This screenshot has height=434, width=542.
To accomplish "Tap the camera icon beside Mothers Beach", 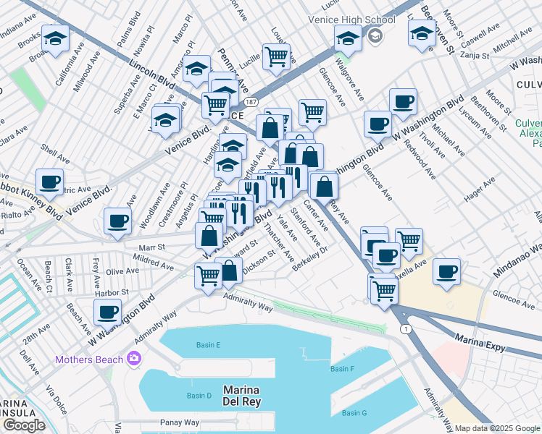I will [133, 358].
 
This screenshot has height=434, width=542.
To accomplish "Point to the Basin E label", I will [208, 345].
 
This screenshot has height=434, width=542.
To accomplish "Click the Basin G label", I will [354, 413].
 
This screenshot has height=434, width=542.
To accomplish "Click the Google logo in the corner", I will [23, 425].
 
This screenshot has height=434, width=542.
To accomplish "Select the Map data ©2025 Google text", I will [497, 428].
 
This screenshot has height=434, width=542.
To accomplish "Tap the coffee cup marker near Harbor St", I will [107, 312].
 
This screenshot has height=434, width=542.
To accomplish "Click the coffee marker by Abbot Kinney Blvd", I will [49, 182].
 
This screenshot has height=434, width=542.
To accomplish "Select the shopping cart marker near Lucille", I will [276, 56].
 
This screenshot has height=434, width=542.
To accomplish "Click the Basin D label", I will [199, 396].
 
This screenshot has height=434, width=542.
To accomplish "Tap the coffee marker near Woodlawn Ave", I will [117, 221].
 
